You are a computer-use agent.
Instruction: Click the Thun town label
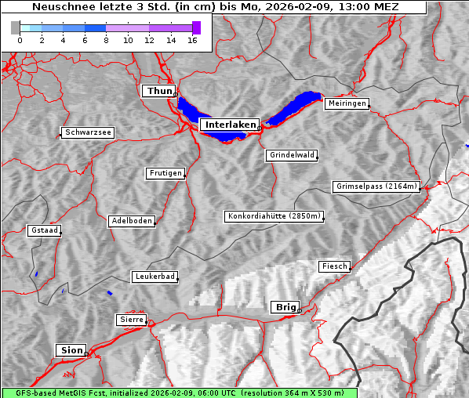tap(158, 91)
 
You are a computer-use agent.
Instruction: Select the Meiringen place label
tap(347, 103)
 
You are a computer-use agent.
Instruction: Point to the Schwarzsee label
tap(88, 132)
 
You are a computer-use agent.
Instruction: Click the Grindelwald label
tap(293, 155)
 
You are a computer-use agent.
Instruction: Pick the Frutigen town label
tap(165, 173)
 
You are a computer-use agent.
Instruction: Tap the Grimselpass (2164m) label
tap(376, 186)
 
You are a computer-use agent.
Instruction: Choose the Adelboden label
tap(131, 221)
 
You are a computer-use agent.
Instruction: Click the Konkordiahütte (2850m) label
tap(274, 216)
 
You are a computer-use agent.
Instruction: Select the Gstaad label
tap(44, 230)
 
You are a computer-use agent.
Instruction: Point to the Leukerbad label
tap(154, 277)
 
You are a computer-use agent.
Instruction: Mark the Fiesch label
tap(334, 266)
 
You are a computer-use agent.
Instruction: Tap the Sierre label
tap(131, 320)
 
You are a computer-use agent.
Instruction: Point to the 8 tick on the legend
tap(107, 40)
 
